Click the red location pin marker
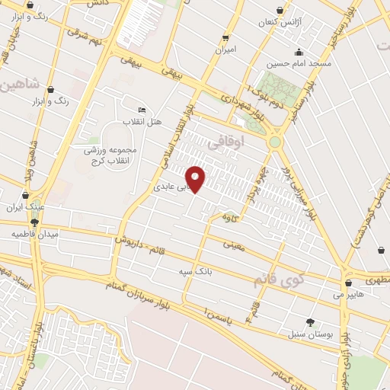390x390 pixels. tap(196, 178)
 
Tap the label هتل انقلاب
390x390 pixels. tap(143, 121)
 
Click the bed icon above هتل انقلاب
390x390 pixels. tap(142, 110)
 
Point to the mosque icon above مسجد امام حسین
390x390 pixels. tap(299, 53)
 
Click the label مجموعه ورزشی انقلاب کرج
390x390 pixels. tap(110, 154)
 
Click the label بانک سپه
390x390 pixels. tap(194, 270)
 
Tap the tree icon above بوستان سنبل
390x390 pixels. tap(310, 322)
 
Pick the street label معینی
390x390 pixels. tap(234, 245)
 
